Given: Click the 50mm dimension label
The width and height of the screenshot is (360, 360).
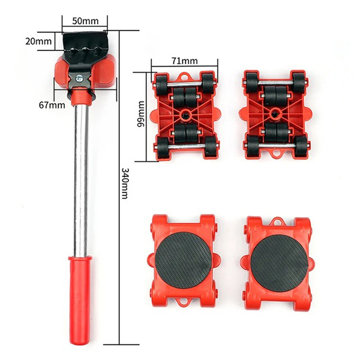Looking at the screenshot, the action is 85,21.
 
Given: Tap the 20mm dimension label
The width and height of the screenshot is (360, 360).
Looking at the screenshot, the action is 38,41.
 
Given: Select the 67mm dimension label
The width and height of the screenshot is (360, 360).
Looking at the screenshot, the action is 52,105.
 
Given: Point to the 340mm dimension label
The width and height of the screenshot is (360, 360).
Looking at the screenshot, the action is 125,184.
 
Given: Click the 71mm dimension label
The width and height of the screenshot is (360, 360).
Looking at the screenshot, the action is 184,61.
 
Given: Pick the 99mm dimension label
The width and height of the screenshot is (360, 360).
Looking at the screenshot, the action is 140,114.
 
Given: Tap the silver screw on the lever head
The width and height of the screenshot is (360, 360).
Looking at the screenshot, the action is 79,78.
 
